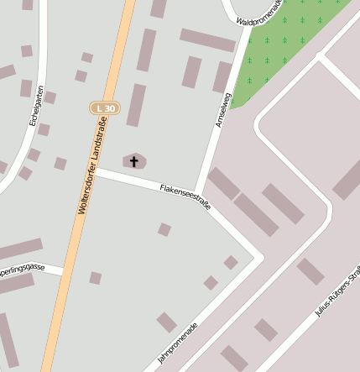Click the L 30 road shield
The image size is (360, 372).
tap(106, 108)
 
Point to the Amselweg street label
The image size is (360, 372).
tap(222, 110)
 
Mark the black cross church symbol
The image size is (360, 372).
tap(134, 160)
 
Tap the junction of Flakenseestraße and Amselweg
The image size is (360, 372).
tap(198, 193)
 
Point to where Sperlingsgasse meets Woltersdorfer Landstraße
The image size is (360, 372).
tap(61, 270)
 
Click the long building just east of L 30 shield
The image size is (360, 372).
tap(136, 105)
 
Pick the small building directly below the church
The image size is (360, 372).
tap(164, 229)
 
